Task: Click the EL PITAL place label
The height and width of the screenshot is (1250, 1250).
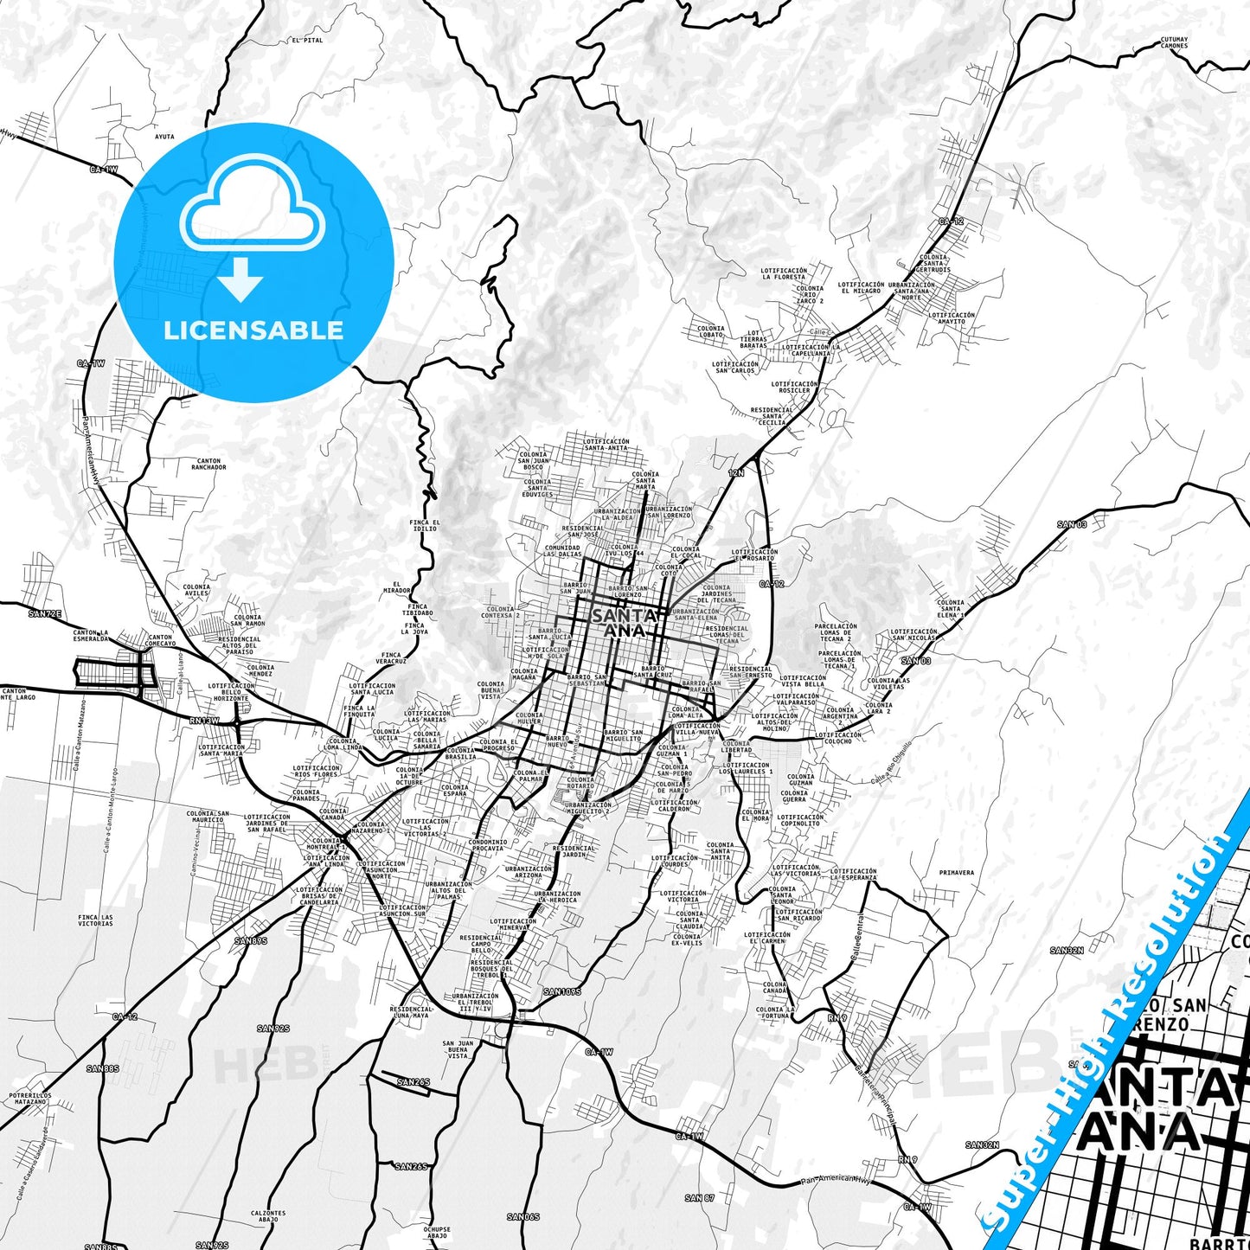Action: (307, 41)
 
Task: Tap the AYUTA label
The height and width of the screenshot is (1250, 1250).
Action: (164, 137)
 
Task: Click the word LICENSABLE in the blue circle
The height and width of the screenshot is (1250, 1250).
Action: (253, 330)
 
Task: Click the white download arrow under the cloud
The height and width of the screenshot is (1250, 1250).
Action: (240, 279)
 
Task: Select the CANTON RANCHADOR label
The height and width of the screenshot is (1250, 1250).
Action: (208, 465)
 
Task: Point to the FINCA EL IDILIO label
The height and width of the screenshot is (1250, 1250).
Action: (425, 525)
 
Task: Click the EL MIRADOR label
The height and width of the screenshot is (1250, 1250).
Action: (397, 587)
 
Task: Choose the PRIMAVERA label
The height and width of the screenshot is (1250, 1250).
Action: (956, 873)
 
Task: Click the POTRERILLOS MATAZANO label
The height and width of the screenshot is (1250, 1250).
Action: (30, 1099)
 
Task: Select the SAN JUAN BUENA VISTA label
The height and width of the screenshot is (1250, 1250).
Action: (458, 1049)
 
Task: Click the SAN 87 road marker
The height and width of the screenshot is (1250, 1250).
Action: (699, 1198)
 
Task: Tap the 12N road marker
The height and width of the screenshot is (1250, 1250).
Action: (736, 473)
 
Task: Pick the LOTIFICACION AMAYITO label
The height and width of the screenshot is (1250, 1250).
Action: (952, 318)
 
